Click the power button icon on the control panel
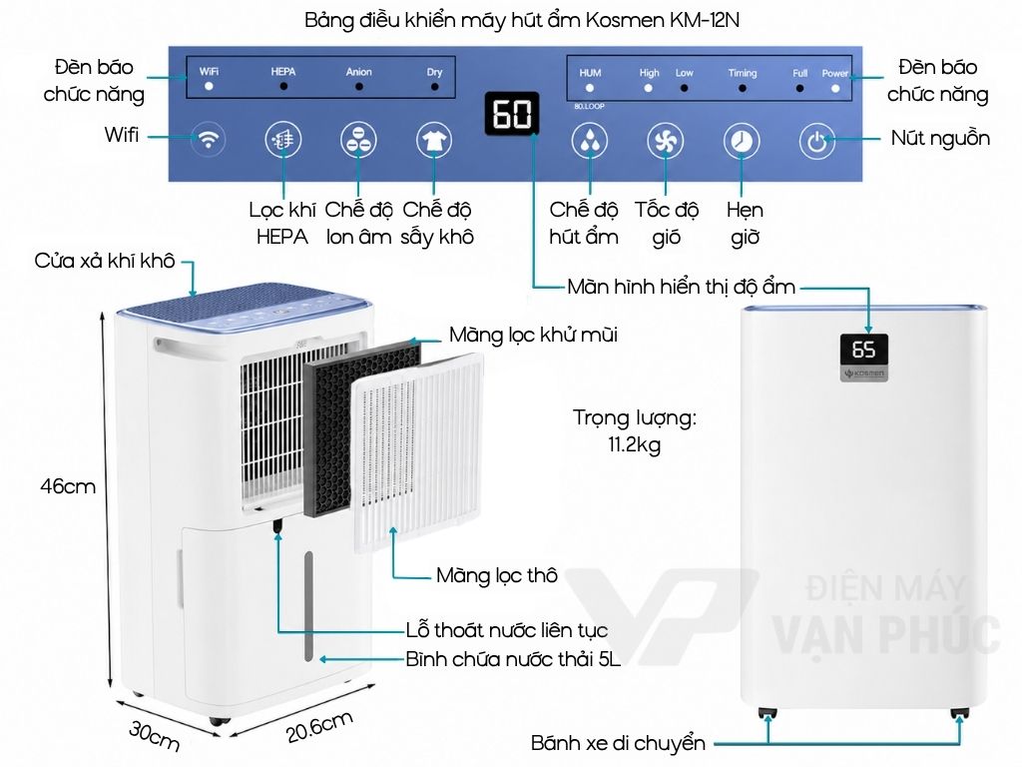[816, 140]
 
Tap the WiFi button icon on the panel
[208, 139]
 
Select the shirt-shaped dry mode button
[434, 140]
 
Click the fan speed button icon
[665, 140]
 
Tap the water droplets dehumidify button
[590, 140]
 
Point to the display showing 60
[512, 114]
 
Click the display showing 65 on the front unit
[863, 351]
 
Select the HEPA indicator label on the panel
[282, 71]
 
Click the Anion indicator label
[358, 72]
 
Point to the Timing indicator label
[743, 73]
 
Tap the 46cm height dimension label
[68, 486]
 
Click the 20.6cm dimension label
[319, 726]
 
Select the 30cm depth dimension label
[154, 734]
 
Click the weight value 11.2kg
[634, 444]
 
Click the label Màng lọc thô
[497, 575]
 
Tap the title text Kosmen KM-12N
[662, 20]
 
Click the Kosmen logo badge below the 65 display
[863, 374]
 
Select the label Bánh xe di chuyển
[617, 743]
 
